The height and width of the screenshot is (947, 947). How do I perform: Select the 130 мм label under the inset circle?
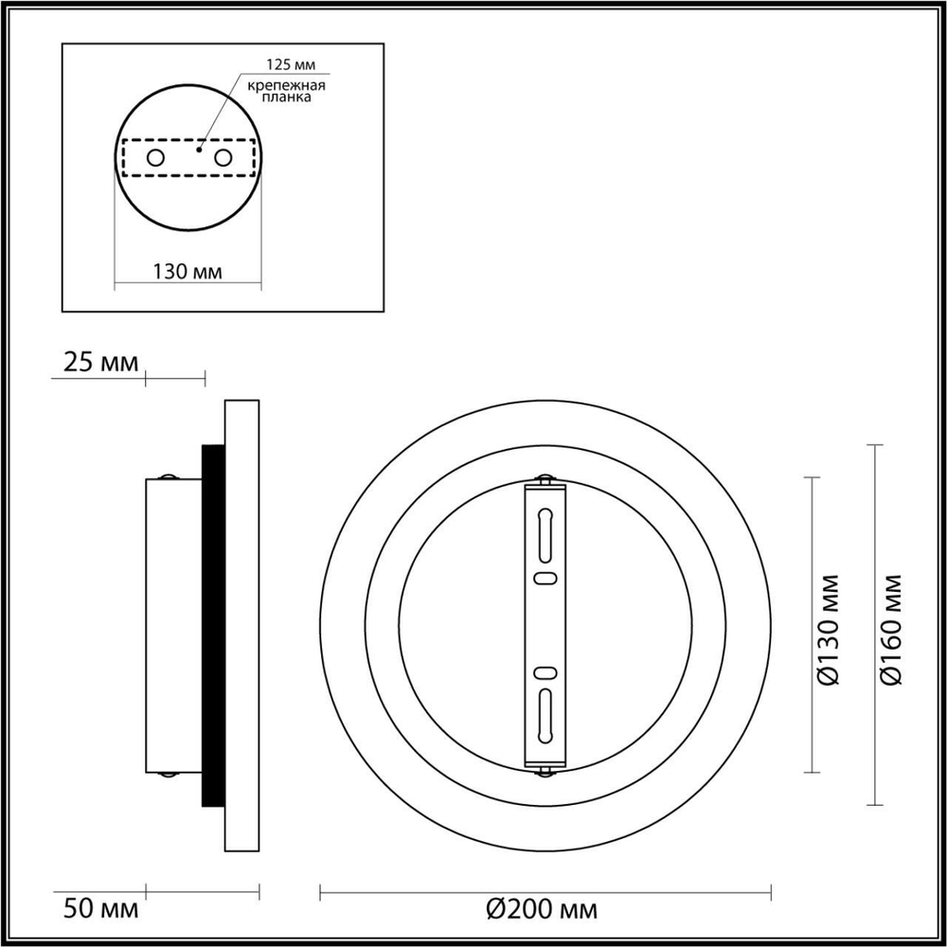pos(187,272)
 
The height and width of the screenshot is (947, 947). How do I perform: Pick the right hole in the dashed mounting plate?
pos(223,158)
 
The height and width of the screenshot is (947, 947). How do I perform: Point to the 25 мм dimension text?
pos(100,362)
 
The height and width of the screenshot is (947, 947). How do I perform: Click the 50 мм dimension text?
pos(100,910)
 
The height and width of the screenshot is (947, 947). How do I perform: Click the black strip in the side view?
pos(213,625)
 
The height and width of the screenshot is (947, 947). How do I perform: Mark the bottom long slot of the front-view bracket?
pos(545,716)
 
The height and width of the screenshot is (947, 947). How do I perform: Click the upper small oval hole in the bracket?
pos(545,578)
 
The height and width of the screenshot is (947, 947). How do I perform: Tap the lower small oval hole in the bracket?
pos(545,673)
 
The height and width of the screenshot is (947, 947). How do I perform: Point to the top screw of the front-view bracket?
pos(545,481)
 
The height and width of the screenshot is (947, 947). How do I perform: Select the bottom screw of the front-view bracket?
pos(545,771)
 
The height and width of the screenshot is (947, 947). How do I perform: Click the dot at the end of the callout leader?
pos(199,149)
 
